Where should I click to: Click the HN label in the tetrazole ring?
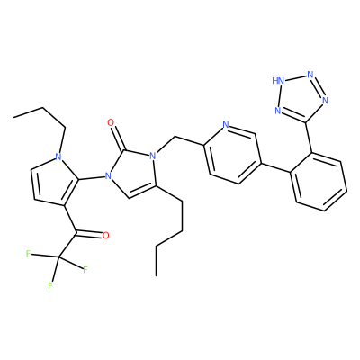coord(277,81)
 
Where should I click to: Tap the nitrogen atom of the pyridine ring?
coord(226,125)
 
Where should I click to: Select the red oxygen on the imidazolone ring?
coord(111,122)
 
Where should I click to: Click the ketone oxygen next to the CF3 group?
coord(105,235)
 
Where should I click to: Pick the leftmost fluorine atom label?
coord(28,255)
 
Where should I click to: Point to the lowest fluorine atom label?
coord(50,285)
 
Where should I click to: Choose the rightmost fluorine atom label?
coord(85,270)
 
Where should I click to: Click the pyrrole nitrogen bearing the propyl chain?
coord(58,157)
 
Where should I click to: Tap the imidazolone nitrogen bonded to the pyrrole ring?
coord(108,175)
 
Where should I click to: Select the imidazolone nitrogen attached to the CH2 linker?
coord(153,156)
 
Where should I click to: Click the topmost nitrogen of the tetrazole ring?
coord(310,74)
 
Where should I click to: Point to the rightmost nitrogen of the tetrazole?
coord(326,101)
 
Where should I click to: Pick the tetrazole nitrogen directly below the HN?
coord(278,111)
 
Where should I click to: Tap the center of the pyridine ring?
coord(232,155)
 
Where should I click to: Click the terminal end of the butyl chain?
coord(157,275)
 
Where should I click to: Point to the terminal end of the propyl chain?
coord(13,117)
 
